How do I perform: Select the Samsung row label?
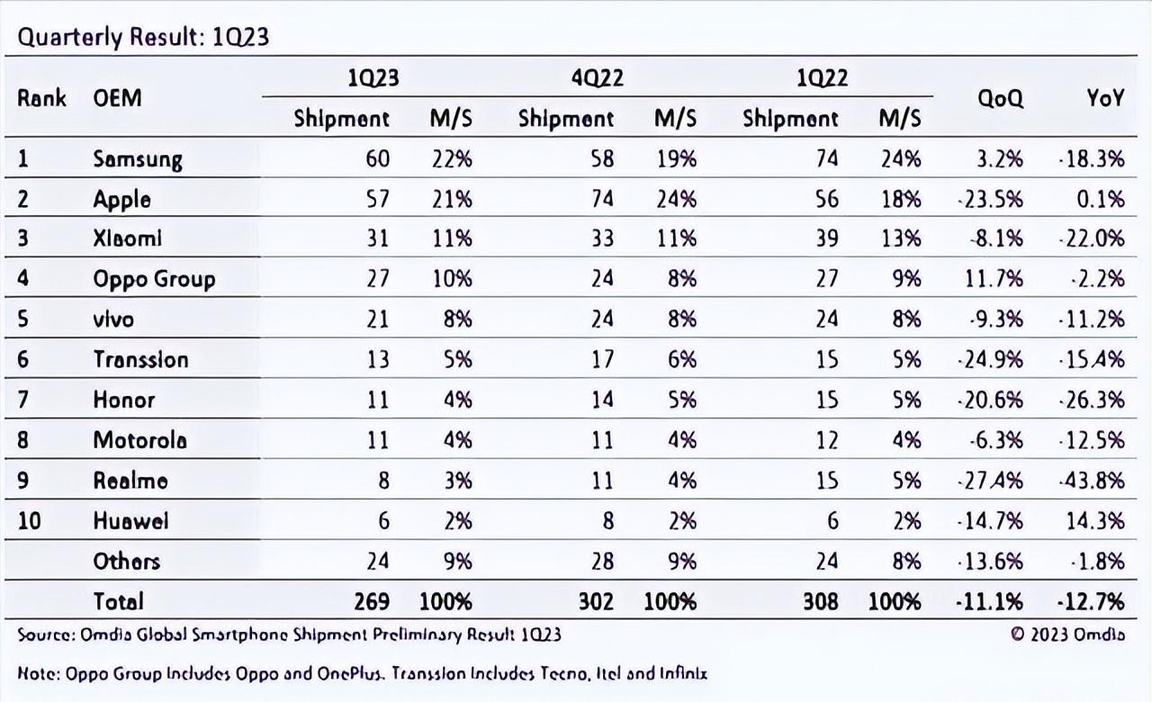pyautogui.click(x=138, y=159)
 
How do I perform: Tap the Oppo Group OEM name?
pyautogui.click(x=154, y=279)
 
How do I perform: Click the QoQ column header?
pyautogui.click(x=1001, y=99)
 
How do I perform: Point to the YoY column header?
pyautogui.click(x=1104, y=99)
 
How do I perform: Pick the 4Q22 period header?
pyautogui.click(x=597, y=79)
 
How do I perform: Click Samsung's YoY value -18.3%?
pyautogui.click(x=1092, y=159)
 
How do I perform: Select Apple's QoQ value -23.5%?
pyautogui.click(x=989, y=199)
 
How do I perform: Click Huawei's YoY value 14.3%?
pyautogui.click(x=1097, y=520)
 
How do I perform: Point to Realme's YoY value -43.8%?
pyautogui.click(x=1092, y=480)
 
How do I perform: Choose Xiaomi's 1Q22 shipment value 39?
pyautogui.click(x=825, y=239)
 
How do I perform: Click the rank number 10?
pyautogui.click(x=29, y=520)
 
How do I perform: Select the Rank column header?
pyautogui.click(x=41, y=97)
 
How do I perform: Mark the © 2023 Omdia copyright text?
pyautogui.click(x=1067, y=634)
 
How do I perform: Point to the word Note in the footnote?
pyautogui.click(x=37, y=673)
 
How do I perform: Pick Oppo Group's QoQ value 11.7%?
pyautogui.click(x=994, y=279)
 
